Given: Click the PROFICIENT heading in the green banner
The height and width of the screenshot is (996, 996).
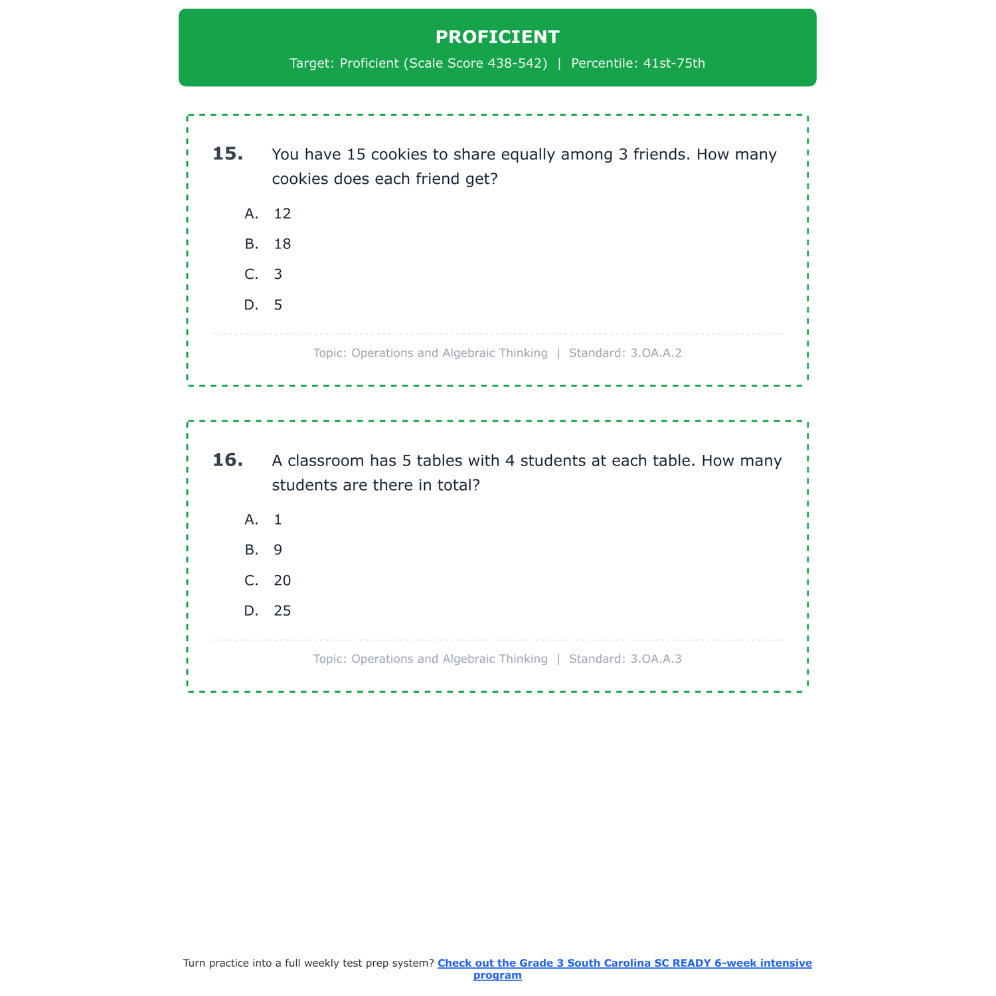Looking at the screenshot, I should [497, 37].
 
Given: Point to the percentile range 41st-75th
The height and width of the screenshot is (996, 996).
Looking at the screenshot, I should [674, 64].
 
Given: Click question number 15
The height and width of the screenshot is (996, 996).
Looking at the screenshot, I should [228, 154].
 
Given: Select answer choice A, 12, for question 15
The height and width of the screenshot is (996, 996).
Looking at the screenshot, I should [282, 214].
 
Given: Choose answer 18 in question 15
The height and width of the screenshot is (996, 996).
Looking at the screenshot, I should [282, 244].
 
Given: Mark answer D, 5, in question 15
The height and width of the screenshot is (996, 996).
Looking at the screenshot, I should [278, 305].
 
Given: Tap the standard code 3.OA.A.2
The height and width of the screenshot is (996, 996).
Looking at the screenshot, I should [655, 353].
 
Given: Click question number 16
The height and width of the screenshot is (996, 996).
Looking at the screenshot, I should [228, 460].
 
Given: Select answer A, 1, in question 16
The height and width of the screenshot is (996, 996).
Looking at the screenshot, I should [278, 520].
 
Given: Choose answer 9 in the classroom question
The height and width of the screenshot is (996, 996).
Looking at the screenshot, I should [278, 550].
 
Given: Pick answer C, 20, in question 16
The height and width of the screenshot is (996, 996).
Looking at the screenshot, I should [282, 581].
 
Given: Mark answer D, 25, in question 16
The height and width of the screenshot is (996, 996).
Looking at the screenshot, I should [282, 612].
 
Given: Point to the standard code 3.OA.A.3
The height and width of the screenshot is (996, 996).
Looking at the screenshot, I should [655, 659].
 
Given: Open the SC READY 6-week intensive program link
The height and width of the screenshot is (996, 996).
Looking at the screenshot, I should [624, 963].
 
